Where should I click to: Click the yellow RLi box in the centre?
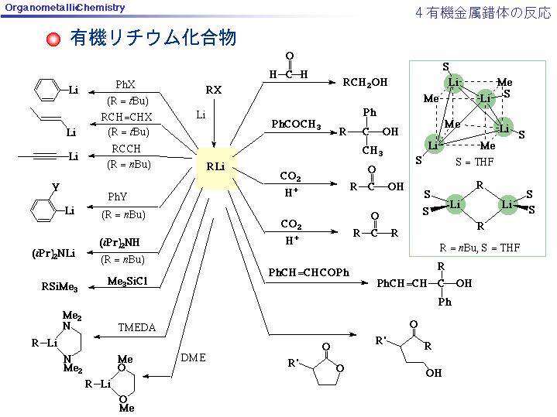pos(216,168)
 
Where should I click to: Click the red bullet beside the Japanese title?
pos(53,39)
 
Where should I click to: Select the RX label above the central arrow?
pos(214,91)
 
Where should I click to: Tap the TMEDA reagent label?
pos(137,327)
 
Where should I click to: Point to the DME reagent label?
pos(193,357)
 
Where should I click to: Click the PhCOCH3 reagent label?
pos(296,125)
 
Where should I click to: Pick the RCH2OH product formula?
pos(365,83)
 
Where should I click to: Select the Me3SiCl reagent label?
pos(127,282)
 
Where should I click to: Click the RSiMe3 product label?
pos(60,286)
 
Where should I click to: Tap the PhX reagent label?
pos(125,84)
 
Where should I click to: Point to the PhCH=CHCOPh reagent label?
pos(308,272)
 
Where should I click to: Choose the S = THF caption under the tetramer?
pos(474,162)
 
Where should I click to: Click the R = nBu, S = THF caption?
pos(480,248)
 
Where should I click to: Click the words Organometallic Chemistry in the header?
pos(65,8)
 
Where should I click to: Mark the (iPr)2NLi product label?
pos(53,254)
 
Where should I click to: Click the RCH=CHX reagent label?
pos(126,117)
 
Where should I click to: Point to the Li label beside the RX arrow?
pos(201,115)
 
